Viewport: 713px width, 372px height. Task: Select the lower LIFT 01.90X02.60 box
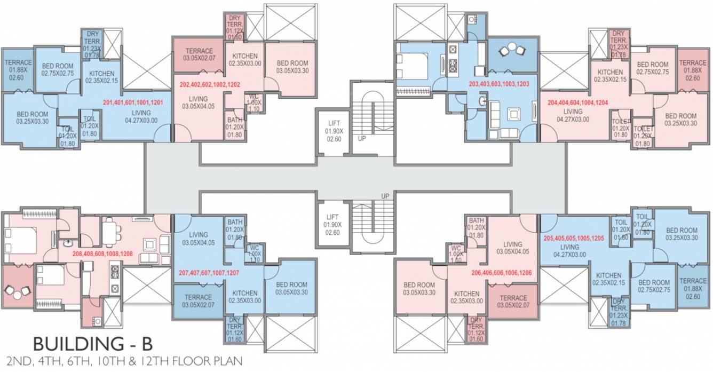(332, 224)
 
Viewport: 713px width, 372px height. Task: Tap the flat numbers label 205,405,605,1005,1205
(573, 239)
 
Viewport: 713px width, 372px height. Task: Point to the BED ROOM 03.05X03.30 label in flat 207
(292, 288)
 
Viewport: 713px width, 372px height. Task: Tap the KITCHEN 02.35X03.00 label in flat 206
(466, 297)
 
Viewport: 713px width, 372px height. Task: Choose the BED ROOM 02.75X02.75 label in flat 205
(654, 286)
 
